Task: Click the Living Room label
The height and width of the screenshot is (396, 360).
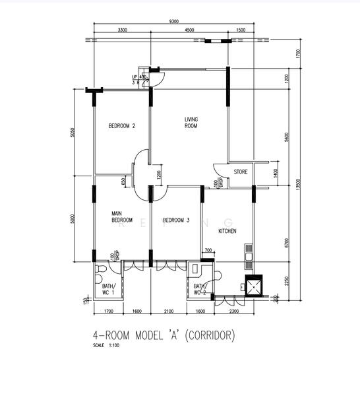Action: click(x=191, y=122)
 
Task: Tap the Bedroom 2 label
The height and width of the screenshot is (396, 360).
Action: click(x=122, y=126)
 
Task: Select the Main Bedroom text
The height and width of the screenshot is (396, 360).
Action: click(x=121, y=216)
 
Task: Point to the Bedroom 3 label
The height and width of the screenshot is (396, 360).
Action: click(x=176, y=220)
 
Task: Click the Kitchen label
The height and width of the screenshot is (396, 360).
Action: click(x=227, y=231)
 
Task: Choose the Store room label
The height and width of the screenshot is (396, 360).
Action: click(x=241, y=172)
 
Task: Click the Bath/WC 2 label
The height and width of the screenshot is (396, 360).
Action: click(x=200, y=288)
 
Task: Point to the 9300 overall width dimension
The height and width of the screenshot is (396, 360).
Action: click(x=173, y=22)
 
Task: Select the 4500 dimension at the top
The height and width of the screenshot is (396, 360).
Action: click(x=189, y=30)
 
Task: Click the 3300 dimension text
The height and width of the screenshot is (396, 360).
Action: click(x=122, y=30)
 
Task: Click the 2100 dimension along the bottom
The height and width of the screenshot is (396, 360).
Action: click(x=169, y=311)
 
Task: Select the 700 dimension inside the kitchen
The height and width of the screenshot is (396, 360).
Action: click(x=208, y=251)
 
